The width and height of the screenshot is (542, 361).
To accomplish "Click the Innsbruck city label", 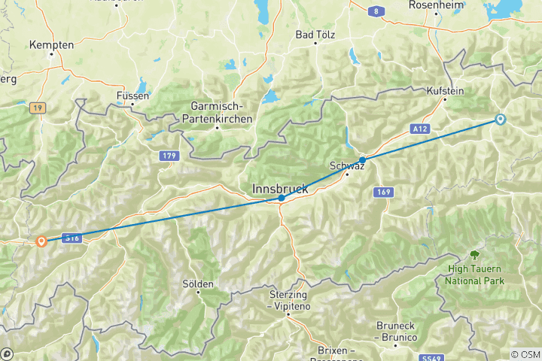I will (x=280, y=189).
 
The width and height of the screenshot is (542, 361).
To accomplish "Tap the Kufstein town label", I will (x=446, y=91).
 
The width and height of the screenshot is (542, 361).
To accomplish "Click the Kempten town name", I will (x=51, y=45).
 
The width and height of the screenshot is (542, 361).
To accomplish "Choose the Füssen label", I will (x=133, y=96).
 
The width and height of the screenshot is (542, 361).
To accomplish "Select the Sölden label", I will (x=199, y=284).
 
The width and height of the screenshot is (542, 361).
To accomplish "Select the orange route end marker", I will (x=41, y=241).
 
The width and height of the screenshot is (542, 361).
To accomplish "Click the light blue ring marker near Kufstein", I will (x=500, y=119).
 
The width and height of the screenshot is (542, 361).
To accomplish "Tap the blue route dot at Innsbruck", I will (x=281, y=199).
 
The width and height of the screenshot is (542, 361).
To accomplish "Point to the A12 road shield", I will (x=420, y=129).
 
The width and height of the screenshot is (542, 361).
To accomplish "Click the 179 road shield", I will (x=168, y=155).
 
